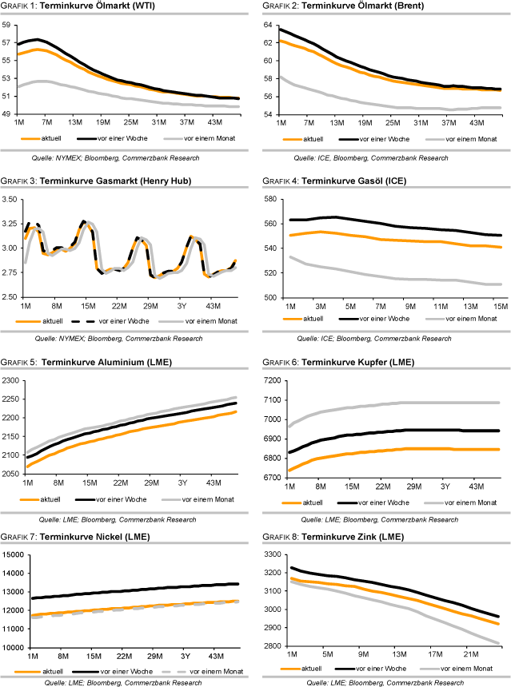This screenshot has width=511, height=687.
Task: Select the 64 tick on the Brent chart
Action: (x=269, y=26)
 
